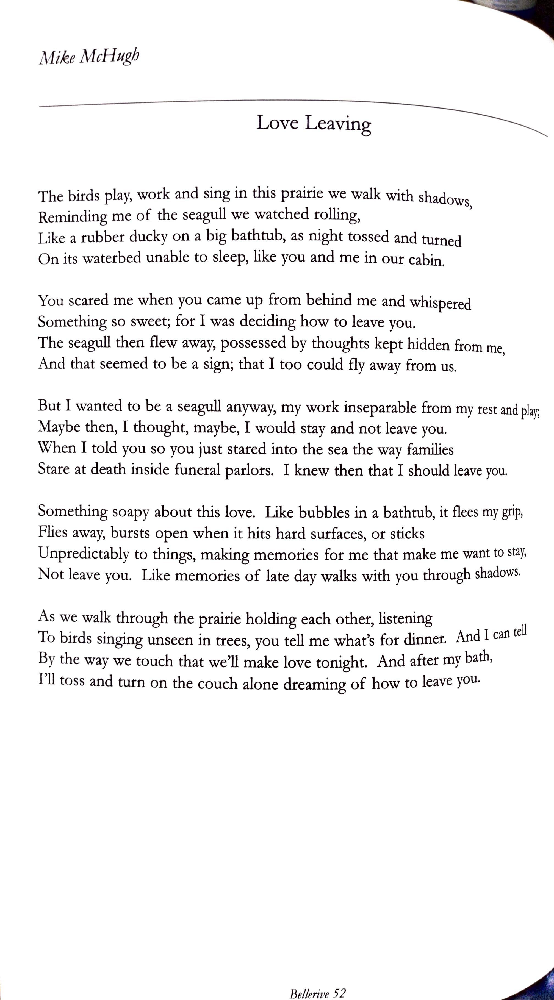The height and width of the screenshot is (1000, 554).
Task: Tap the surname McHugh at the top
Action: pyautogui.click(x=109, y=57)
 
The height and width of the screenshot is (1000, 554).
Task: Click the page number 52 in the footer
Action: pyautogui.click(x=339, y=990)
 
